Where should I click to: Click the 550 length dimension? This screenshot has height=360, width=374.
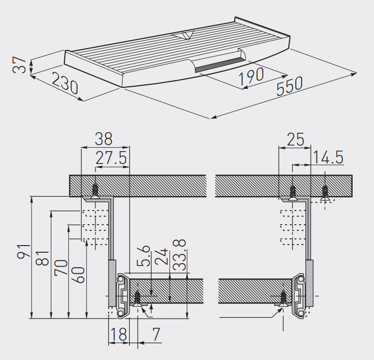[289, 86]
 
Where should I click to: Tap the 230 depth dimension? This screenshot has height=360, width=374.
[65, 83]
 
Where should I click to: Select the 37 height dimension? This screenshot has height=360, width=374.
[19, 65]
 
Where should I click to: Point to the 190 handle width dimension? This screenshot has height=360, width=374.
[251, 76]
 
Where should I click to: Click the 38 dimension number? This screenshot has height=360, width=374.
[104, 139]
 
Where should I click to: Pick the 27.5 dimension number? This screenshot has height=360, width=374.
[111, 158]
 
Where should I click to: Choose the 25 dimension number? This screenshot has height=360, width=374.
[296, 139]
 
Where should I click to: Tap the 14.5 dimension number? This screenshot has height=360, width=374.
[328, 157]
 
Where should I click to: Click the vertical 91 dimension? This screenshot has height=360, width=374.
[24, 251]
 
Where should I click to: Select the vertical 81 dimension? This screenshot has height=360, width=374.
[42, 258]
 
